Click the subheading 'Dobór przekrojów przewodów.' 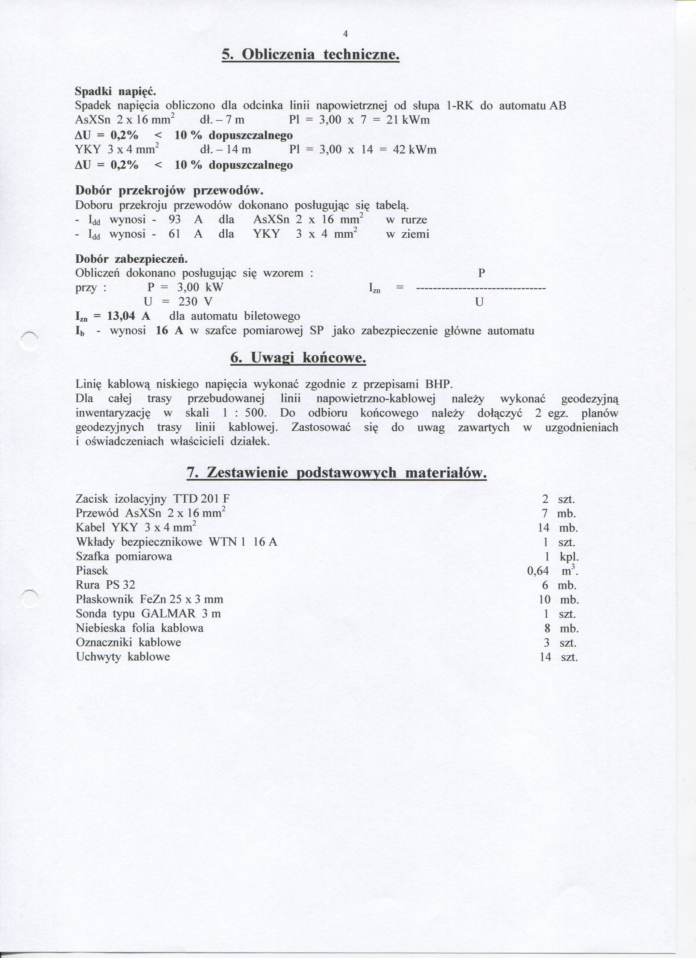[169, 191]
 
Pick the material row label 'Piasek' [92, 571]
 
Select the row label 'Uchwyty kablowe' [123, 657]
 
